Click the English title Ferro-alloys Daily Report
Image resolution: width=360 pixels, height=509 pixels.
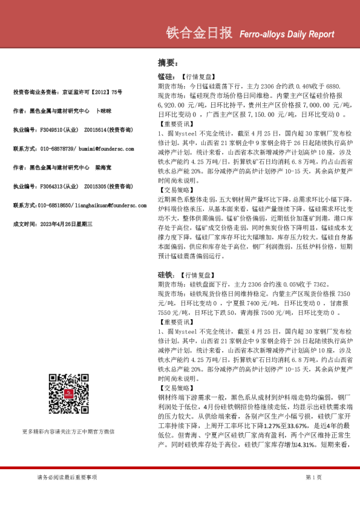tap(283, 34)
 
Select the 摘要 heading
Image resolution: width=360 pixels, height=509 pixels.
tap(168, 62)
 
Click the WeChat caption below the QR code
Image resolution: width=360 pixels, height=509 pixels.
tap(68, 432)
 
